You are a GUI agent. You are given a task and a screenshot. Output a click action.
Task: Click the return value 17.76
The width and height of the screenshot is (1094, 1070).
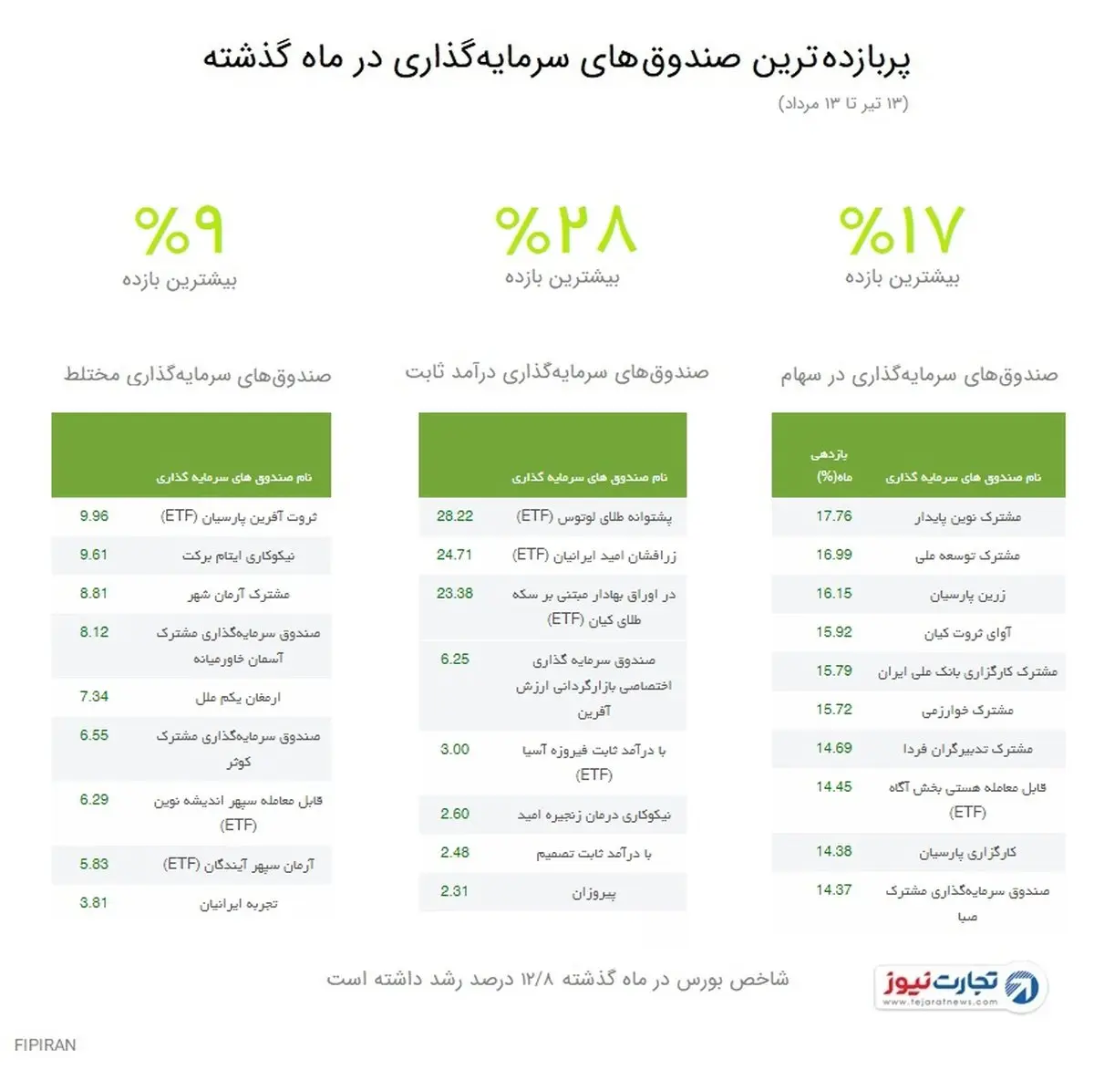click(833, 516)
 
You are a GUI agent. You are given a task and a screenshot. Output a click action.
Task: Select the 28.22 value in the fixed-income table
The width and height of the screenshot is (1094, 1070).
click(455, 516)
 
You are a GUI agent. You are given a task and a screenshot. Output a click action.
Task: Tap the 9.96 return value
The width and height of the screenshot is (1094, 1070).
click(94, 516)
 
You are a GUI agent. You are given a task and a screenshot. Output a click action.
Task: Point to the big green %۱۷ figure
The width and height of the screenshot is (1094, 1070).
click(901, 230)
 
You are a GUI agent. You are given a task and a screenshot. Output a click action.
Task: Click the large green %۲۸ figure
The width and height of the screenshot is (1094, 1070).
click(565, 230)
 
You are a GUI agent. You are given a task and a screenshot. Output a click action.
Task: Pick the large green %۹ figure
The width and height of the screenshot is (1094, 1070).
click(179, 230)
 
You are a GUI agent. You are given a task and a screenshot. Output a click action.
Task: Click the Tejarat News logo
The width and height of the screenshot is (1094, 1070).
click(962, 986)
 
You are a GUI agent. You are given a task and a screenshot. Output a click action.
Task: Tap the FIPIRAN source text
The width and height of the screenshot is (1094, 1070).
click(46, 1044)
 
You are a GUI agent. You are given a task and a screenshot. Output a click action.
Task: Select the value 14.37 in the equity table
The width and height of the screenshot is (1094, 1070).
click(833, 889)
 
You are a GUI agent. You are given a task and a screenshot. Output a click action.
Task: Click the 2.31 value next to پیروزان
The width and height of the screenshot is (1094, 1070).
click(454, 891)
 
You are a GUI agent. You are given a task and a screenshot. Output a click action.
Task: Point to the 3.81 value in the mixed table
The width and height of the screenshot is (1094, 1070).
click(93, 903)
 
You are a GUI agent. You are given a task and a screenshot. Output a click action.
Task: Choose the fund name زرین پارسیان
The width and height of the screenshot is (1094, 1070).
click(967, 595)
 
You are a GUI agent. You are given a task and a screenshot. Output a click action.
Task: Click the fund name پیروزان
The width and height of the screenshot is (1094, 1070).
click(593, 893)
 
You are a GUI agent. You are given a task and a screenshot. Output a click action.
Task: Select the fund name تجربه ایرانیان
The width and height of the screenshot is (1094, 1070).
click(238, 904)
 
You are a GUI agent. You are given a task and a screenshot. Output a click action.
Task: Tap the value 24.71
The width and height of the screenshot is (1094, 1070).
click(454, 555)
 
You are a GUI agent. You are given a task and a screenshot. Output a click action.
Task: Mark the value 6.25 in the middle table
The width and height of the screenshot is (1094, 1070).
click(455, 659)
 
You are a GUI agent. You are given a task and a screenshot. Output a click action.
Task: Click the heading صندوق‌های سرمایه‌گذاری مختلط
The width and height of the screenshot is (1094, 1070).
click(197, 375)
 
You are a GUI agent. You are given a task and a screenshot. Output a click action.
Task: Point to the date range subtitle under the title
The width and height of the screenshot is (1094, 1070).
click(843, 104)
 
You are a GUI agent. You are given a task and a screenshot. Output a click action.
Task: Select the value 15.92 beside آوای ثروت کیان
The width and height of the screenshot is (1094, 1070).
click(833, 631)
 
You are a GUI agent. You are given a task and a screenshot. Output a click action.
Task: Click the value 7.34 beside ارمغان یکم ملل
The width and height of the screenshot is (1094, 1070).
click(94, 697)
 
